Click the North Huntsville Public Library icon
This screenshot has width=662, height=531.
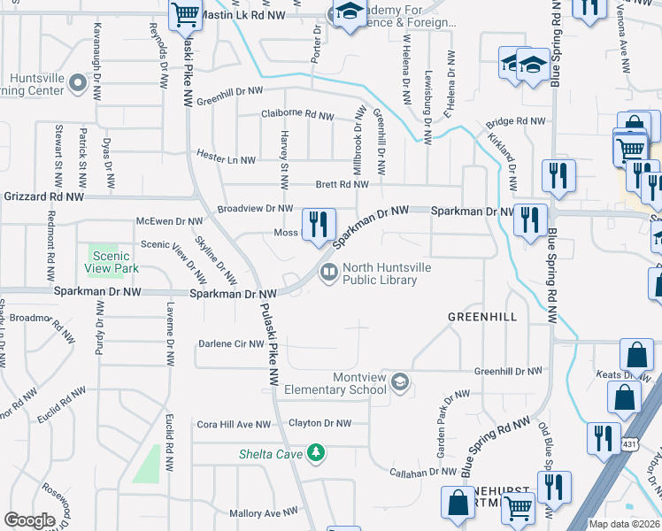click(x=328, y=271)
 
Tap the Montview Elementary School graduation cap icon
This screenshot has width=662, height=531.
click(x=400, y=381)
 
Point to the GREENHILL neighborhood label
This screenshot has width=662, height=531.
click(x=482, y=316)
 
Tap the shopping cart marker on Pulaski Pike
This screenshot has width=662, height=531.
click(x=186, y=15)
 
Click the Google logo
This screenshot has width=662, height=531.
click(x=29, y=519)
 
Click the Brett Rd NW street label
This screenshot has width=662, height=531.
click(x=342, y=184)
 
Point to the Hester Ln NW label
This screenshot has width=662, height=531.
click(x=226, y=160)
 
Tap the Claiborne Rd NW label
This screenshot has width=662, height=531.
click(x=297, y=115)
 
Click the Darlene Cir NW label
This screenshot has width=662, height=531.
click(x=231, y=343)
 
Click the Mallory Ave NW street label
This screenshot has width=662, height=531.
click(x=264, y=512)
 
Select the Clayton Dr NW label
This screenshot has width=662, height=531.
click(x=320, y=424)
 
